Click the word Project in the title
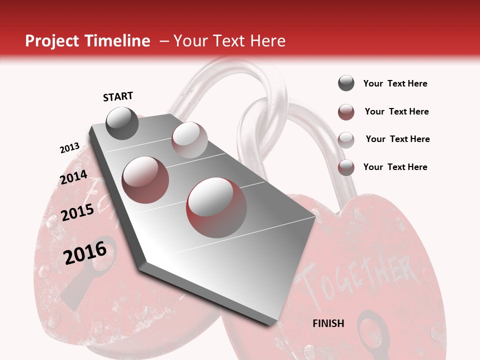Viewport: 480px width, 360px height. (x=52, y=41)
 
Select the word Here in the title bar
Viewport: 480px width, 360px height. (x=267, y=41)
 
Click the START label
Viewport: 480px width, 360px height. (x=118, y=96)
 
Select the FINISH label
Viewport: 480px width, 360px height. (x=328, y=323)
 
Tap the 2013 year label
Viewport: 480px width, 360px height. (x=69, y=148)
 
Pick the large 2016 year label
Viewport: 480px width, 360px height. (x=85, y=252)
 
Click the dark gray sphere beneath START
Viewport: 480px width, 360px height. (x=122, y=123)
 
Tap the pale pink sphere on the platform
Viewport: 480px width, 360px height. (x=189, y=140)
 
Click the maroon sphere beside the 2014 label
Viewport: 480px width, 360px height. (x=145, y=180)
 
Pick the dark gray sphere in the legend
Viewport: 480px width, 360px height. (x=346, y=83)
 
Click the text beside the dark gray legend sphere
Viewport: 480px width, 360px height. (x=395, y=83)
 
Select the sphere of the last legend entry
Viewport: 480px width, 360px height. (x=346, y=167)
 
